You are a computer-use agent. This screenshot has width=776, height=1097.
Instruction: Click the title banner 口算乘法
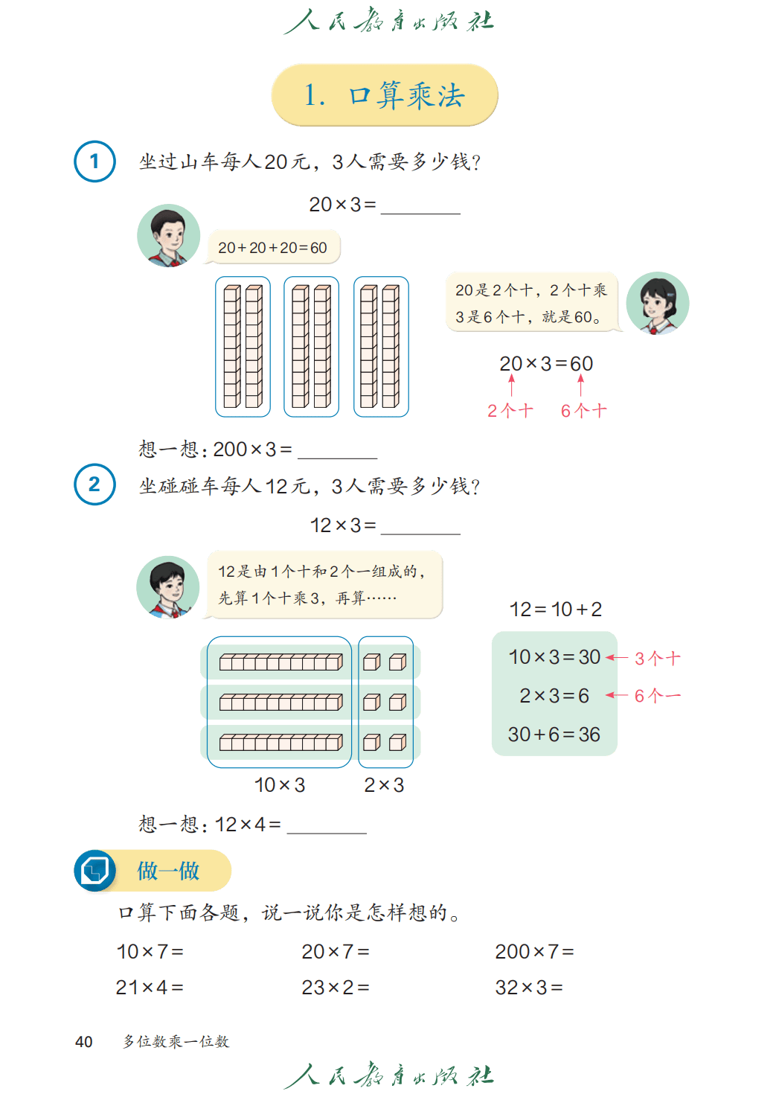[384, 95]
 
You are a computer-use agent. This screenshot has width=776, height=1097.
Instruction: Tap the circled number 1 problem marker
[94, 161]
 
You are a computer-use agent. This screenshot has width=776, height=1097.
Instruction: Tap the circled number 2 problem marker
[94, 484]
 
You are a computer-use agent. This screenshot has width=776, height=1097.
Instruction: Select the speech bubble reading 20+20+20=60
[273, 247]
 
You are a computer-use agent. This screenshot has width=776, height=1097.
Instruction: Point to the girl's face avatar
[657, 303]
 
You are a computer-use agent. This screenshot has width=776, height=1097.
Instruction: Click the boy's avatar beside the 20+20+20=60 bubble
[169, 236]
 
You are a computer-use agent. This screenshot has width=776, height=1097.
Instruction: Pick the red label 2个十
[510, 411]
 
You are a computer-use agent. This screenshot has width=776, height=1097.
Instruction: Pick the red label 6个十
[583, 411]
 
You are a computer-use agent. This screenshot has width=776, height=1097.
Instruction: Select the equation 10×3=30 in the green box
[554, 657]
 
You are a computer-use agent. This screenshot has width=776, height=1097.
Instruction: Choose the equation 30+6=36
[554, 735]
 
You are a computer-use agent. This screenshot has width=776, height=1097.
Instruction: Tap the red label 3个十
[657, 658]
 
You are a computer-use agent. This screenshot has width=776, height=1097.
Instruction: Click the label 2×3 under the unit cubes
[384, 785]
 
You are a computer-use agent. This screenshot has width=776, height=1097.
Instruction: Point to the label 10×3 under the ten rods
[280, 785]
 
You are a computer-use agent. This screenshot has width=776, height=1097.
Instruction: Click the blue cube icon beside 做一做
[95, 870]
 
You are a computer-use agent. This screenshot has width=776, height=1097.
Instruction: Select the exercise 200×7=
[535, 951]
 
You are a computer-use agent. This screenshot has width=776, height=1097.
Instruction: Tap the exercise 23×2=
[336, 988]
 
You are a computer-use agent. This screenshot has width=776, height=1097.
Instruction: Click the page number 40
[84, 1042]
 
